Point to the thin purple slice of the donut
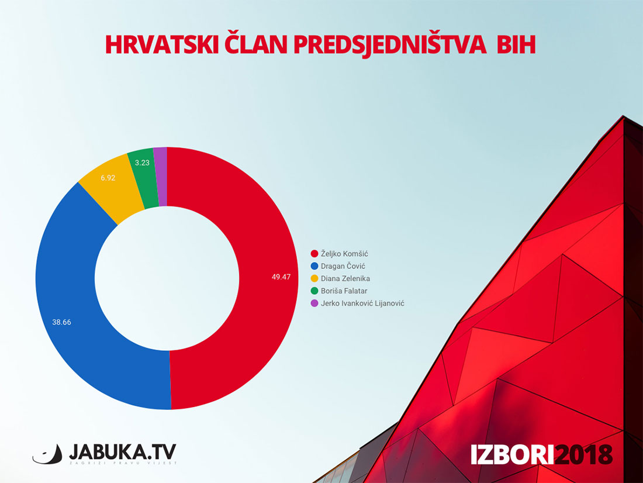point(161,177)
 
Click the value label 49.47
point(281,277)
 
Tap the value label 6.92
point(108,178)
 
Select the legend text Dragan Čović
point(343,266)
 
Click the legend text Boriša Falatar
point(344,291)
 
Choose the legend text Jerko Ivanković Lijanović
point(362,303)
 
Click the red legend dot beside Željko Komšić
point(314,254)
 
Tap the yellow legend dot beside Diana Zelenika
point(314,278)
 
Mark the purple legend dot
point(314,303)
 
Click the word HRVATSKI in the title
point(163,44)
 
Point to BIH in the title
point(516,44)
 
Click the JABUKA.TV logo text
point(123,452)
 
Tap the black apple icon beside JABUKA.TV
point(47,455)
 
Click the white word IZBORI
point(512,454)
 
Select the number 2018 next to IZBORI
point(583,454)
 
